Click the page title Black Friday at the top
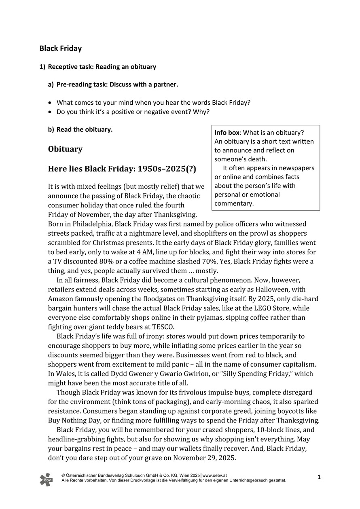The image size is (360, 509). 60,49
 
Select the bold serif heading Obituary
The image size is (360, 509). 65,149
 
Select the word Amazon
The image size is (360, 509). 61,299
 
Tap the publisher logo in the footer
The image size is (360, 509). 46,479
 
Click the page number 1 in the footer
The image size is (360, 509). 319,477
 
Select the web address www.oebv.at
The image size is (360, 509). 215,475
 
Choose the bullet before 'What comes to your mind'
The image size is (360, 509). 50,103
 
